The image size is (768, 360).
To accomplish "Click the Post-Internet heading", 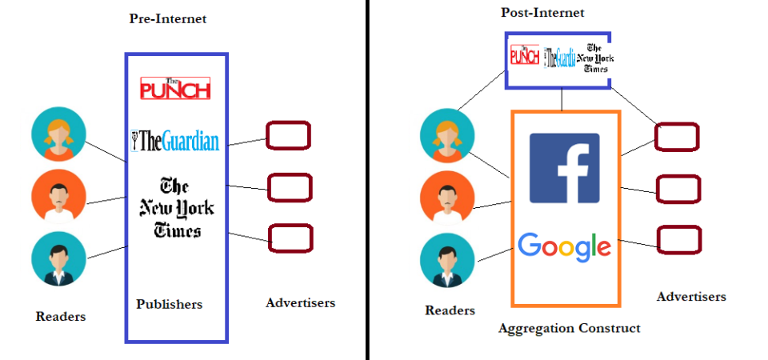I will (x=542, y=13).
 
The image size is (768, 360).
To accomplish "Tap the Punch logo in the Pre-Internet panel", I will (x=175, y=88).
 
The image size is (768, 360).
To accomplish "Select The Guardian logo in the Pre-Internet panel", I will (x=175, y=142).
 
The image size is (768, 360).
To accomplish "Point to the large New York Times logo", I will (x=177, y=208).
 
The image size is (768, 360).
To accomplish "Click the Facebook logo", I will (x=565, y=168).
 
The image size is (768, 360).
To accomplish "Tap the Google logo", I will (x=565, y=246).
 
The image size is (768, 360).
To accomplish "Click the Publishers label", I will (x=169, y=304).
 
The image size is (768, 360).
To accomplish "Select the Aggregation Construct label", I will (x=569, y=328).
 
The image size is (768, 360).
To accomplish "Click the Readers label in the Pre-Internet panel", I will (x=61, y=316).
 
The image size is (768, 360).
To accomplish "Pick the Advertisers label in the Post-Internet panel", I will (x=691, y=297).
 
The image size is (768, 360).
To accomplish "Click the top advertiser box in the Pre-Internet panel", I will (x=288, y=135).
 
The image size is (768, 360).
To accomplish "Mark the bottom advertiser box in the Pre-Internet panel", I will (x=290, y=238).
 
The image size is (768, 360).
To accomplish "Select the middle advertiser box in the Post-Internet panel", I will (x=678, y=189).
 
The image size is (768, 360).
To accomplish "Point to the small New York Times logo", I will (x=596, y=58).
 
